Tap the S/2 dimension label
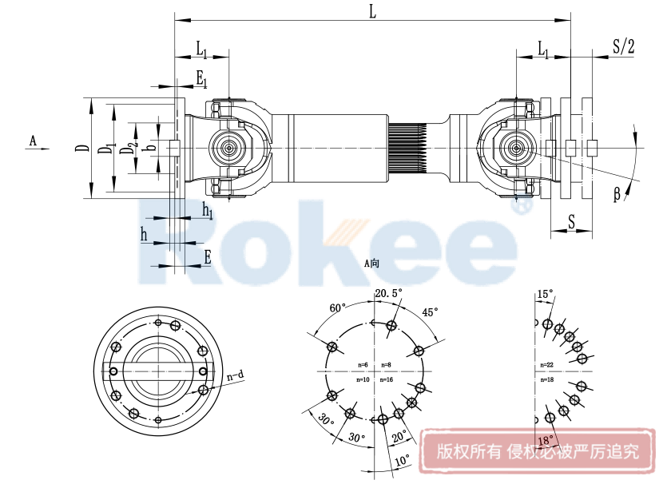623,46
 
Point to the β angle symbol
617,193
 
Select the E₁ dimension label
201,78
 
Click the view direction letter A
33,141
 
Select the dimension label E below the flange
208,257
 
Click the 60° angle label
338,307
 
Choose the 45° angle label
430,312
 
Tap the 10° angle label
401,461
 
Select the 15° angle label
544,295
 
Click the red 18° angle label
545,440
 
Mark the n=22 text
547,365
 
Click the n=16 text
387,379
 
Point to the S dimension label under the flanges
572,220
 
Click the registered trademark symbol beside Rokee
522,205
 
